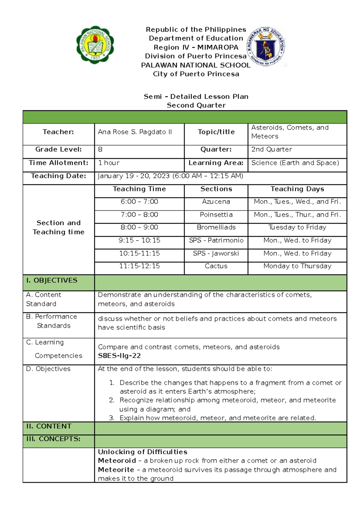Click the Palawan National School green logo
click(x=95, y=45)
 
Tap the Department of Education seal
click(x=266, y=47)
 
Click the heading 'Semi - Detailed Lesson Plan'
click(x=196, y=97)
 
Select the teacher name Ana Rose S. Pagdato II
click(x=135, y=132)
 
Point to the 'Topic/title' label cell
click(x=216, y=132)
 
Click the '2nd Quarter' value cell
click(x=271, y=149)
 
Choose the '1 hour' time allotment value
click(x=109, y=163)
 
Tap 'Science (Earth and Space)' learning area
click(x=295, y=163)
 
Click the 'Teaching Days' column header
click(x=297, y=189)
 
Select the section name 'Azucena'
click(x=216, y=202)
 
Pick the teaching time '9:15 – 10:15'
click(x=139, y=240)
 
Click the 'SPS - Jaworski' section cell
click(x=216, y=254)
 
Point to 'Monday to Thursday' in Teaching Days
click(x=297, y=266)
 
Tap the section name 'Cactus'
click(x=216, y=266)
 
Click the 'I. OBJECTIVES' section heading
click(x=52, y=281)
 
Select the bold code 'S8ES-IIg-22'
click(x=119, y=356)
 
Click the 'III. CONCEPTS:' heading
click(x=53, y=439)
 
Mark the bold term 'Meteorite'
click(x=116, y=470)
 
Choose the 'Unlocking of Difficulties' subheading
click(x=142, y=452)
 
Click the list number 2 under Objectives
click(x=112, y=400)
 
